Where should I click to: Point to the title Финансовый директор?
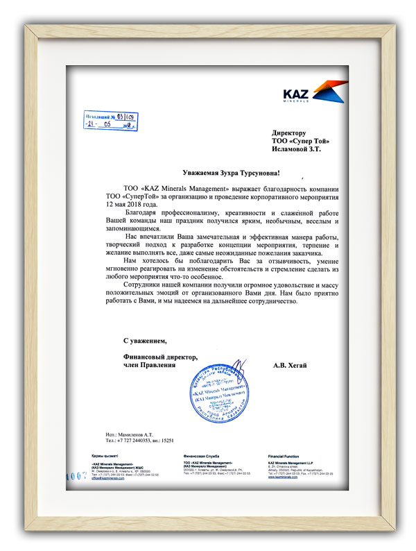point(160,356)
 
